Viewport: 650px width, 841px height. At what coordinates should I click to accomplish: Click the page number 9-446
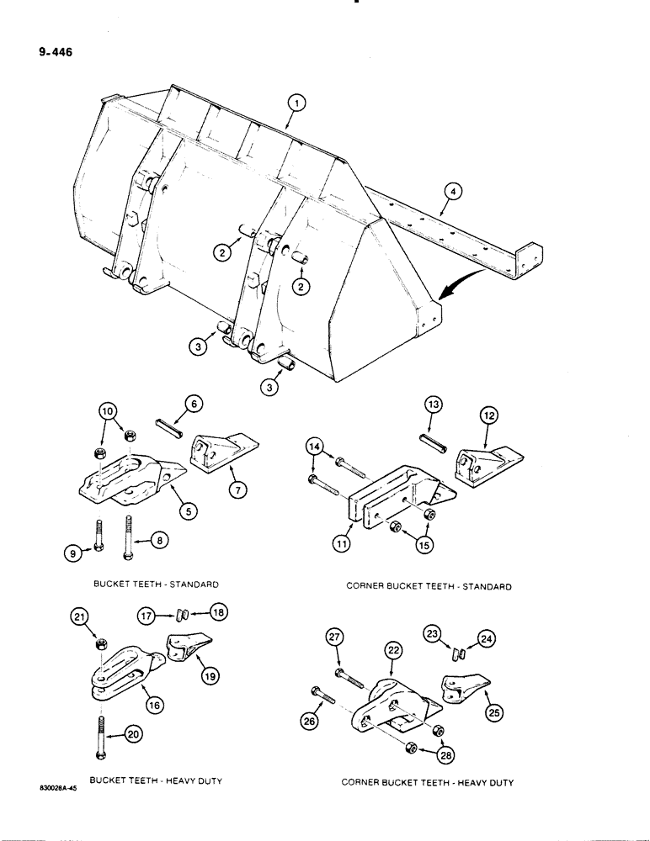(x=55, y=52)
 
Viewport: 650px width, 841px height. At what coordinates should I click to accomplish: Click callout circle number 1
(x=294, y=103)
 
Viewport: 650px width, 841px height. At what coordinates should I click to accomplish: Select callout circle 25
(x=491, y=714)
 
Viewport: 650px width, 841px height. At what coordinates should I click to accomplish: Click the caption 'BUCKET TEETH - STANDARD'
(x=157, y=583)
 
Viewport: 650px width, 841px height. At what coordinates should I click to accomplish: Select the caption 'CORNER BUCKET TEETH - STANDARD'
(x=429, y=586)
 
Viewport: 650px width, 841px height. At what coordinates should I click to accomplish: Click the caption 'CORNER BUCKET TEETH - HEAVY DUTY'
(x=427, y=782)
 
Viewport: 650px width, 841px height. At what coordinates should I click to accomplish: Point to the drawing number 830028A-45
(x=40, y=789)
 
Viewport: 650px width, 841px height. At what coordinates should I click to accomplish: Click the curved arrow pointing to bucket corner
(x=460, y=290)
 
